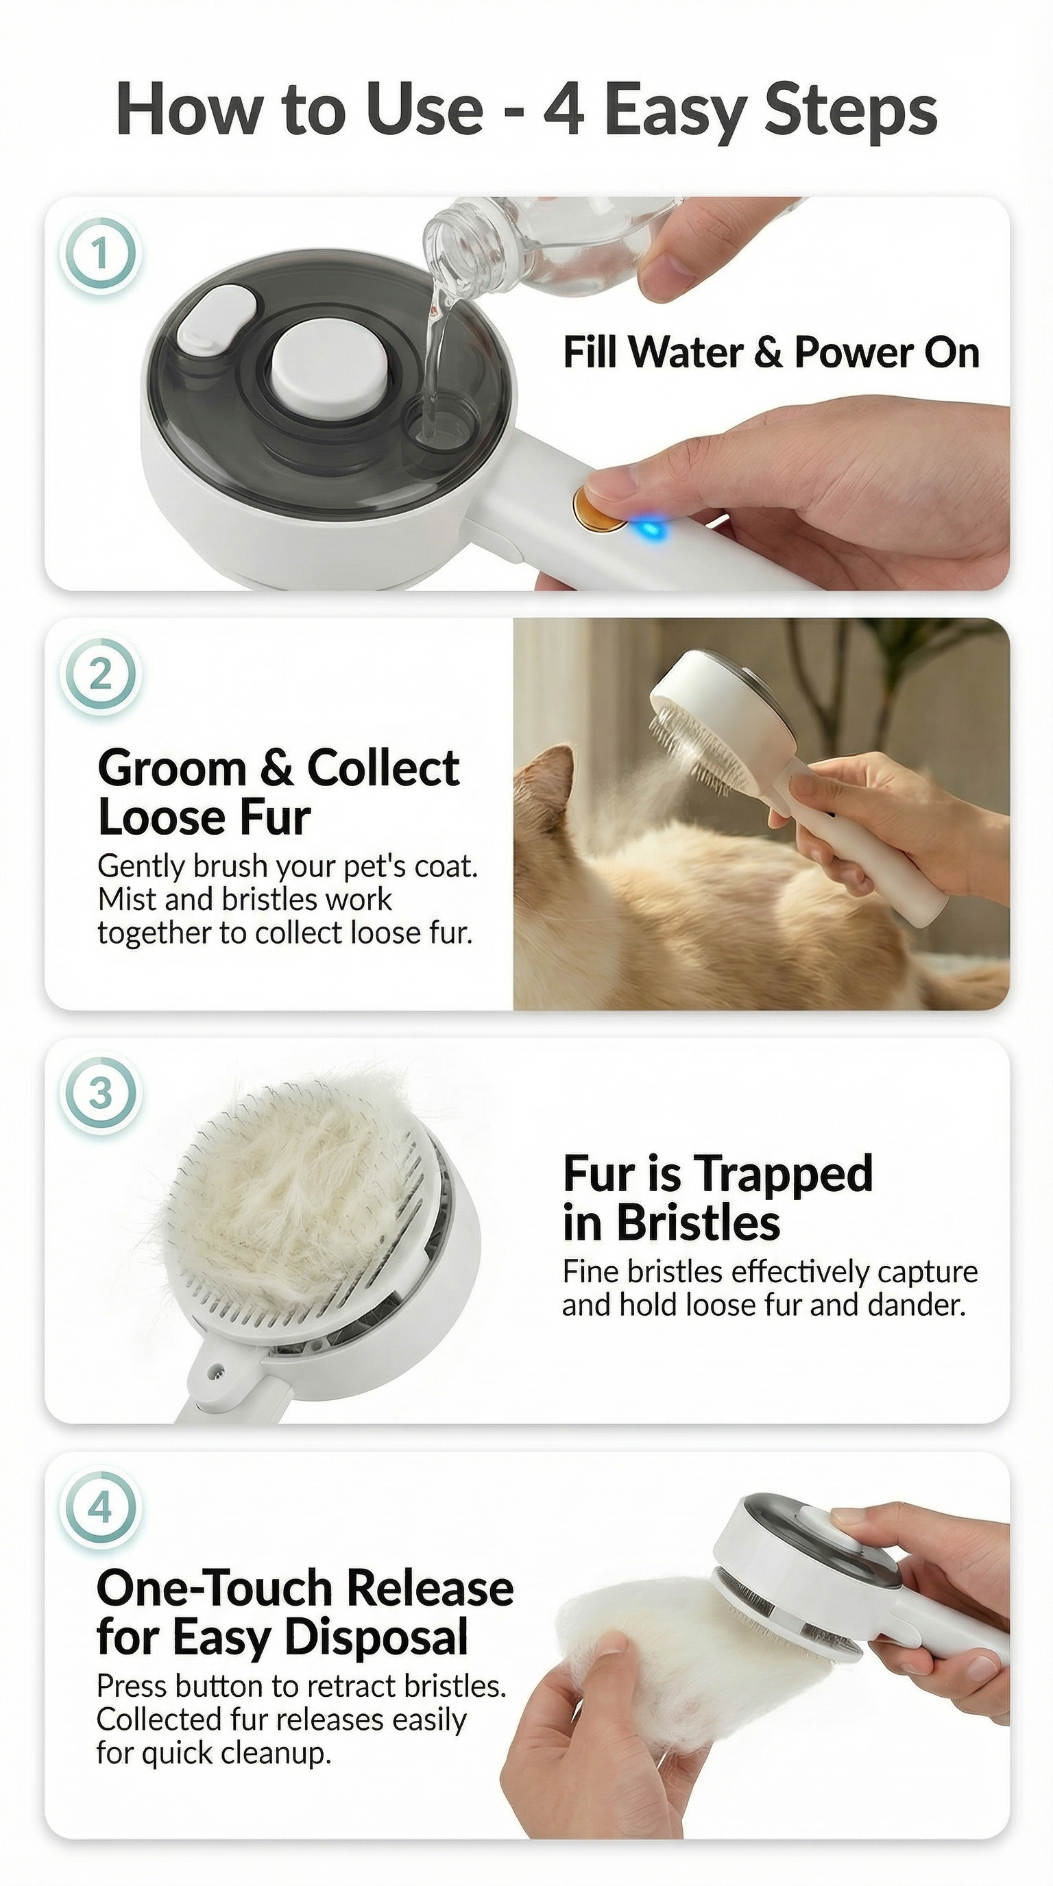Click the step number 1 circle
coord(99,255)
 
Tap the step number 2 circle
coord(99,674)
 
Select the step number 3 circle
coord(99,1094)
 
